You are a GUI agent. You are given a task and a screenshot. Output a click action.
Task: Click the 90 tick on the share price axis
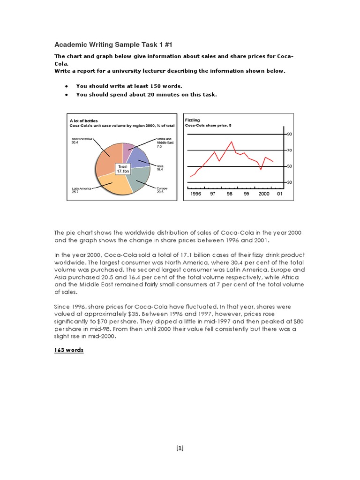(x=289, y=135)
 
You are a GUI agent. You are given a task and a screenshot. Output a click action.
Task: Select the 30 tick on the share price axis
(x=289, y=182)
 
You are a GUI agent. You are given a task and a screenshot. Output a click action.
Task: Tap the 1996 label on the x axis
(x=196, y=194)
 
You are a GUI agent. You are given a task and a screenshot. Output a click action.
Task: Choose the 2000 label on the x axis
(x=264, y=194)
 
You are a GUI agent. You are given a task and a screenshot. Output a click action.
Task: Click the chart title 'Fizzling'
(x=192, y=120)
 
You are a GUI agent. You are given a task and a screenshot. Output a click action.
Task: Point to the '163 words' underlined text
(x=69, y=350)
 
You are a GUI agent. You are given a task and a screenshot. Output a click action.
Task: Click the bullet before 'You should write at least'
(x=67, y=86)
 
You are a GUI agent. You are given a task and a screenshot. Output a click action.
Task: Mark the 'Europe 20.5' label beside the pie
(x=161, y=190)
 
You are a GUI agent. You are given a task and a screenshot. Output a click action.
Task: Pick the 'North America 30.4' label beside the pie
(x=81, y=141)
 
